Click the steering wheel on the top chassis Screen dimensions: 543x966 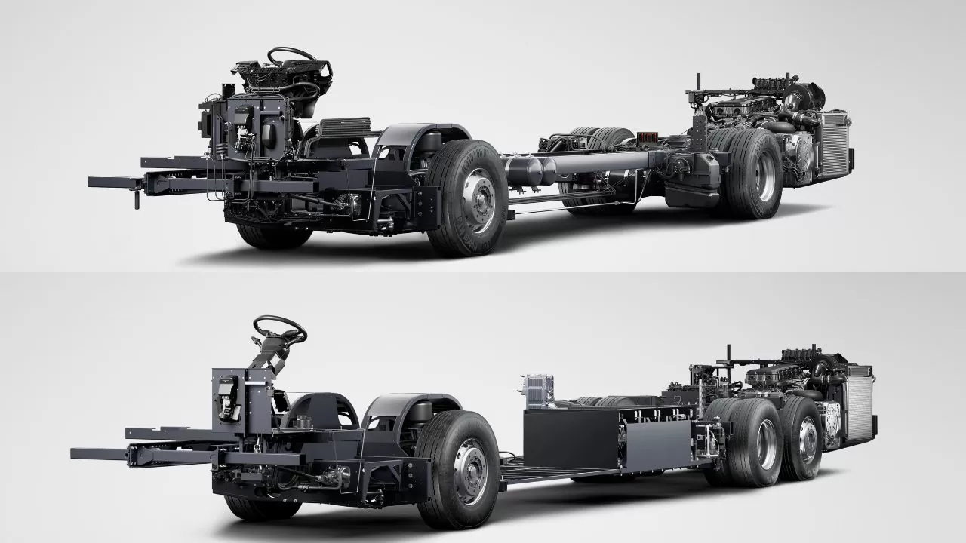(x=292, y=55)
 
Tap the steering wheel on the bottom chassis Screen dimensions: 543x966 (x=279, y=329)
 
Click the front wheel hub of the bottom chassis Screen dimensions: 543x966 (x=469, y=473)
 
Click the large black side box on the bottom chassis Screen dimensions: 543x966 (x=574, y=437)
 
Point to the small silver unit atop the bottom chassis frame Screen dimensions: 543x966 (x=534, y=391)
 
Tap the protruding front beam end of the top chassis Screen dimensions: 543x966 (x=106, y=183)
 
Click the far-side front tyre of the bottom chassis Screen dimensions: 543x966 (x=257, y=507)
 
